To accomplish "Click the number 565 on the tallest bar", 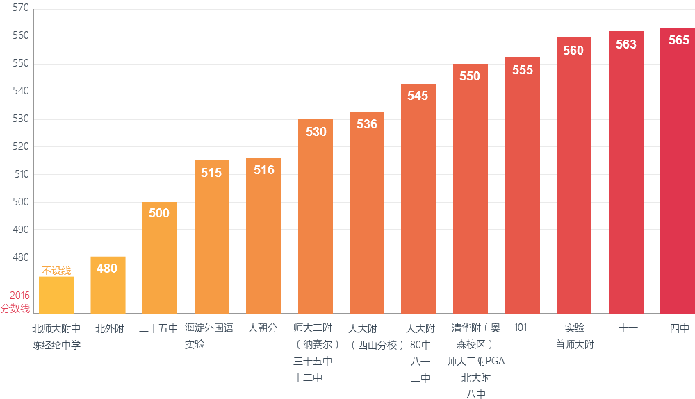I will coord(678,40).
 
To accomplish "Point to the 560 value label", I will coord(573,50).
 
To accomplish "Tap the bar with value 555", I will coord(522,194).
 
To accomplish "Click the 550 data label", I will coord(470,76).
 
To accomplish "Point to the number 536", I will coord(366,124).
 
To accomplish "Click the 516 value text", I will coord(263,169).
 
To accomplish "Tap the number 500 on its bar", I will coord(159,213).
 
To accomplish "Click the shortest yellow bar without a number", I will coord(56,295).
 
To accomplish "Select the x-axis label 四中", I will coord(678,328).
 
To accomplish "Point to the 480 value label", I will coord(107,268).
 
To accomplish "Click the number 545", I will coord(418,96).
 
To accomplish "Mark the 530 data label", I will coord(316,131).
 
